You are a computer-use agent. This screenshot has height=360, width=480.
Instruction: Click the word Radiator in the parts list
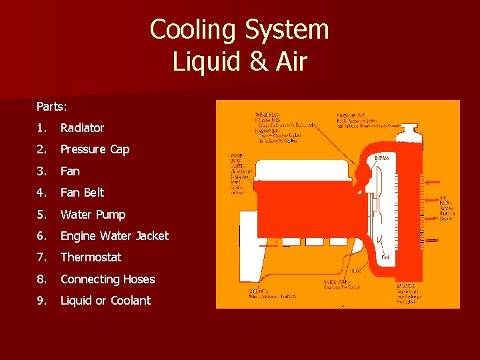(82, 127)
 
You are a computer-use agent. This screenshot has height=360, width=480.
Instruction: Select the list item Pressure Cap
(95, 149)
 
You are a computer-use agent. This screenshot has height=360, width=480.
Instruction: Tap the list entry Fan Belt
(82, 193)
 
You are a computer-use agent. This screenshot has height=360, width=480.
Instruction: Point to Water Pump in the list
(93, 215)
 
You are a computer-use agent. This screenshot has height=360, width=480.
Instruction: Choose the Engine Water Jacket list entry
(114, 236)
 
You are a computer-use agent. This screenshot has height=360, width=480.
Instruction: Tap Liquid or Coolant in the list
(105, 301)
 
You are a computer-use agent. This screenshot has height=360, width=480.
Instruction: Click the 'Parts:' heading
(52, 106)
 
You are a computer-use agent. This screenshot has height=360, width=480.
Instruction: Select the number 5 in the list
(41, 215)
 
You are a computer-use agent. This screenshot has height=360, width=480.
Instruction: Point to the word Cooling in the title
(193, 30)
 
